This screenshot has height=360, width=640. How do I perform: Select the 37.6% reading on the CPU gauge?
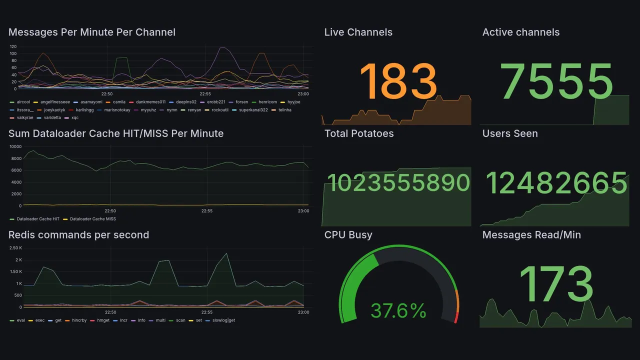[x=398, y=311]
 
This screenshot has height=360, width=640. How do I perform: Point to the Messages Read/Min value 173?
[x=556, y=283]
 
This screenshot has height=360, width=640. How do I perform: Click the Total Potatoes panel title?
[x=359, y=133]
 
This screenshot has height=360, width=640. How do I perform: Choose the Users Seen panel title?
[x=510, y=133]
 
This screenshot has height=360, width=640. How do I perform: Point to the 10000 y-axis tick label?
[x=15, y=146]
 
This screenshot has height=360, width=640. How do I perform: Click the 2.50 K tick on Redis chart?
[x=15, y=248]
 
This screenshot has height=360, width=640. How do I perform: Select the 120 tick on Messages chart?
[x=13, y=46]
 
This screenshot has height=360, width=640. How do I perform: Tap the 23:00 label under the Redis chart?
[x=303, y=312]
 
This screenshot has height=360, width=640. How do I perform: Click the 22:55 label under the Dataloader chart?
[x=207, y=211]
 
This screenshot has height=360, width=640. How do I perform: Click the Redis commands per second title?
[x=78, y=235]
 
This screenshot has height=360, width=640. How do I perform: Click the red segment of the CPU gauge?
[x=455, y=317]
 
